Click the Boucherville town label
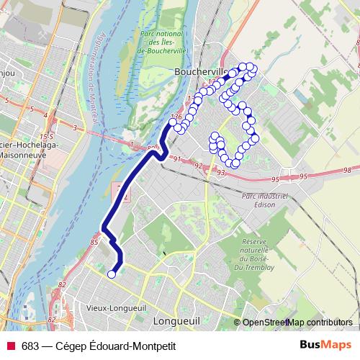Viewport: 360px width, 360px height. [200, 72]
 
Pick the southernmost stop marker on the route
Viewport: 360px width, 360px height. [112, 274]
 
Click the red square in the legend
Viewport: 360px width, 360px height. [11, 346]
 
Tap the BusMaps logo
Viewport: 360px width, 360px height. [325, 345]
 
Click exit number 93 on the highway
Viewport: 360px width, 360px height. [220, 173]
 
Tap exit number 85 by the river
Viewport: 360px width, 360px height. [94, 243]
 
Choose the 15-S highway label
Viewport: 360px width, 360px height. [48, 135]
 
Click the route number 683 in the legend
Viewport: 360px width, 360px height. [30, 346]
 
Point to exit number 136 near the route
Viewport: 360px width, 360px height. [175, 116]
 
